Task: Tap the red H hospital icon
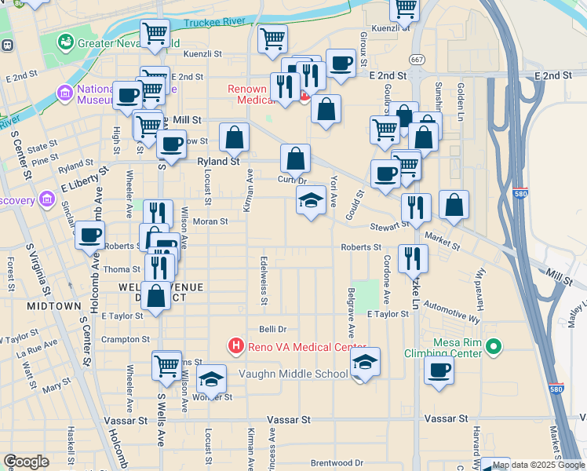point(235,345)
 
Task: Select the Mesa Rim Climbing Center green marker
point(493,345)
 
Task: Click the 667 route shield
point(416,59)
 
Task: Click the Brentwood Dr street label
point(337,463)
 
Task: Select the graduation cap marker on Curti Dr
point(312,200)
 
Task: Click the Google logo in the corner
point(27,462)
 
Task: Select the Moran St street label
point(210,221)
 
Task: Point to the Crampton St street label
point(126,339)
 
